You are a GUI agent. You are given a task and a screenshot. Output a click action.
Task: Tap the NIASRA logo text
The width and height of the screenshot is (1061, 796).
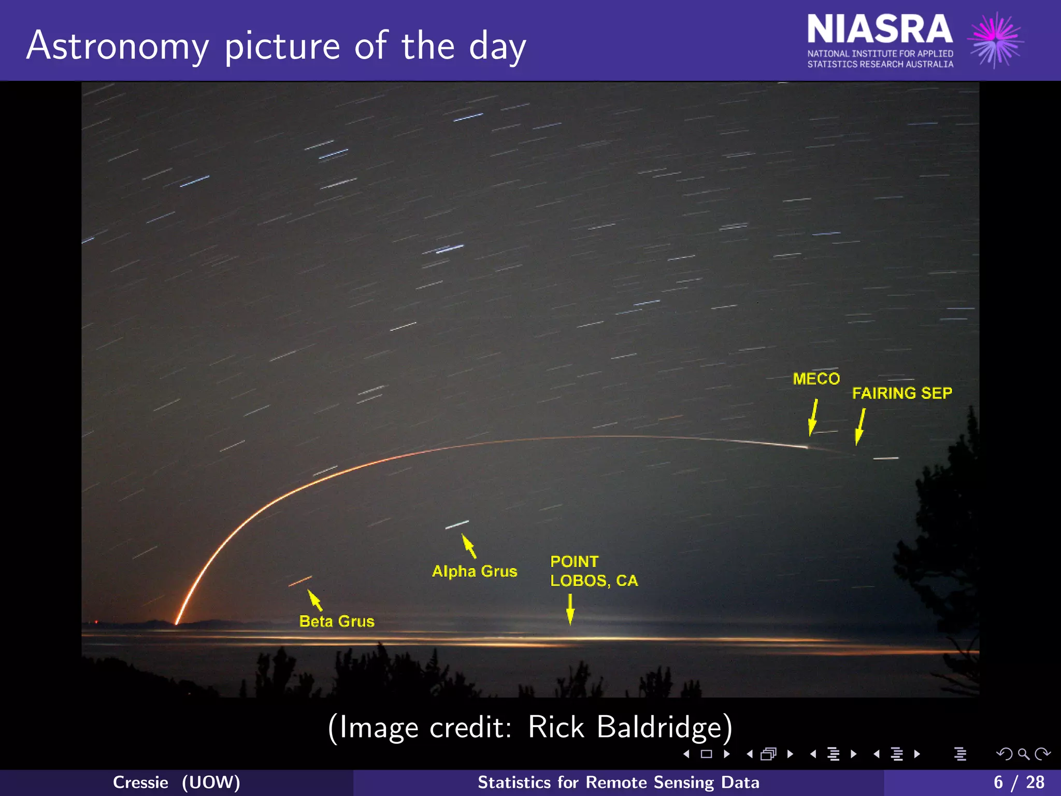[879, 30]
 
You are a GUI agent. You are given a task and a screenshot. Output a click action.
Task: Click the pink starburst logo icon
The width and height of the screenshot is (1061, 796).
[996, 40]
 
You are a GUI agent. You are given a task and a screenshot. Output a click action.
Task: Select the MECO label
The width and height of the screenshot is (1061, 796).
[816, 379]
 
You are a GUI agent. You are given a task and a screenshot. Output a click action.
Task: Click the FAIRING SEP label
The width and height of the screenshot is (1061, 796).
[902, 393]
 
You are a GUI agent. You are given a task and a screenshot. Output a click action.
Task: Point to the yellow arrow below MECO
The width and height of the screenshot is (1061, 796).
[813, 417]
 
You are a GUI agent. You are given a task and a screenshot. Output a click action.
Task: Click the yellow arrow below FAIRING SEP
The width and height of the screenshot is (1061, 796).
[860, 427]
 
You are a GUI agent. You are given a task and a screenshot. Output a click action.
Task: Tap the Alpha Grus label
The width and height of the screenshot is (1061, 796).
[475, 571]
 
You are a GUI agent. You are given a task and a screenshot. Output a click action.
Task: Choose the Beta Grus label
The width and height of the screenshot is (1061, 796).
[337, 621]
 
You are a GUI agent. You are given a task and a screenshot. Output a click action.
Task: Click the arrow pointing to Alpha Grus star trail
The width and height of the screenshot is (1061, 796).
[469, 546]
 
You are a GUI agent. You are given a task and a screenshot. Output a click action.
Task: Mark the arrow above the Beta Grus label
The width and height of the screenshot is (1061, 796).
[315, 600]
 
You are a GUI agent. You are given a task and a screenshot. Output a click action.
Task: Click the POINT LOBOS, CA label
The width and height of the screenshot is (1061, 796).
[594, 571]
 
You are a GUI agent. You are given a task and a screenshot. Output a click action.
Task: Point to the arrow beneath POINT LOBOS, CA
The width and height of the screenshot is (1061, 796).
[570, 609]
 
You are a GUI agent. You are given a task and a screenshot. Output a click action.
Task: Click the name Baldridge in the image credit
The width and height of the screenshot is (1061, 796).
[664, 727]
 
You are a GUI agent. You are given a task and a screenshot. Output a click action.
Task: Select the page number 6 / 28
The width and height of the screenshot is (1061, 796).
[1019, 783]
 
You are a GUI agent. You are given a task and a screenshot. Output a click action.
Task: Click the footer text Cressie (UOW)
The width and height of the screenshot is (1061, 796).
[176, 783]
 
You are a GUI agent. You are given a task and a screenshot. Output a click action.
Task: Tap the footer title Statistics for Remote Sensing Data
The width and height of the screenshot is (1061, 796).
[618, 783]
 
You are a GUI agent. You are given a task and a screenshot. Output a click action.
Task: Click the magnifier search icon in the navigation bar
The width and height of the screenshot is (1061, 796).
[1023, 754]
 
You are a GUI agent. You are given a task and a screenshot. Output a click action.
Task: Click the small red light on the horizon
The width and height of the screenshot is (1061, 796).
[96, 621]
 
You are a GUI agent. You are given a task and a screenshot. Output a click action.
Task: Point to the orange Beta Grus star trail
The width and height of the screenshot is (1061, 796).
[300, 581]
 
